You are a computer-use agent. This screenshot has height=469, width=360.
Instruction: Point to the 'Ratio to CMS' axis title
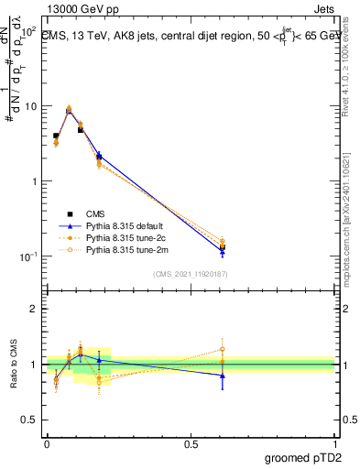pyautogui.click(x=14, y=364)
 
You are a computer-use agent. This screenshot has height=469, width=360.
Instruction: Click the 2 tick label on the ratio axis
pyautogui.click(x=34, y=310)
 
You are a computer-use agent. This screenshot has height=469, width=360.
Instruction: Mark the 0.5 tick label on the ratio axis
pyautogui.click(x=29, y=420)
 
